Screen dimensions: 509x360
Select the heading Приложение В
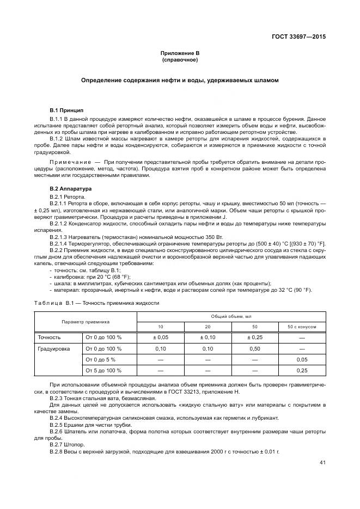(x=180, y=53)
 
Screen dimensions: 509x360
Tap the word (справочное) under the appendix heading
(x=180, y=59)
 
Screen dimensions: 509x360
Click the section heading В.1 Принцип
(x=66, y=111)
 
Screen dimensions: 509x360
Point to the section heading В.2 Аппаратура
(x=71, y=188)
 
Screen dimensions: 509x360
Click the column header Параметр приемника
(x=85, y=321)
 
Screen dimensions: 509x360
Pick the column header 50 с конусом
(x=302, y=327)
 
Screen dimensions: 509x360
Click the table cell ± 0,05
(x=160, y=338)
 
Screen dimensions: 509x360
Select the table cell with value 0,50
(x=254, y=348)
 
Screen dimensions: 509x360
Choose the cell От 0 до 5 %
(x=101, y=359)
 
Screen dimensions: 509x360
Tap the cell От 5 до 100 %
(x=103, y=370)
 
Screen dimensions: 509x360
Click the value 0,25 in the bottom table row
(x=302, y=370)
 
